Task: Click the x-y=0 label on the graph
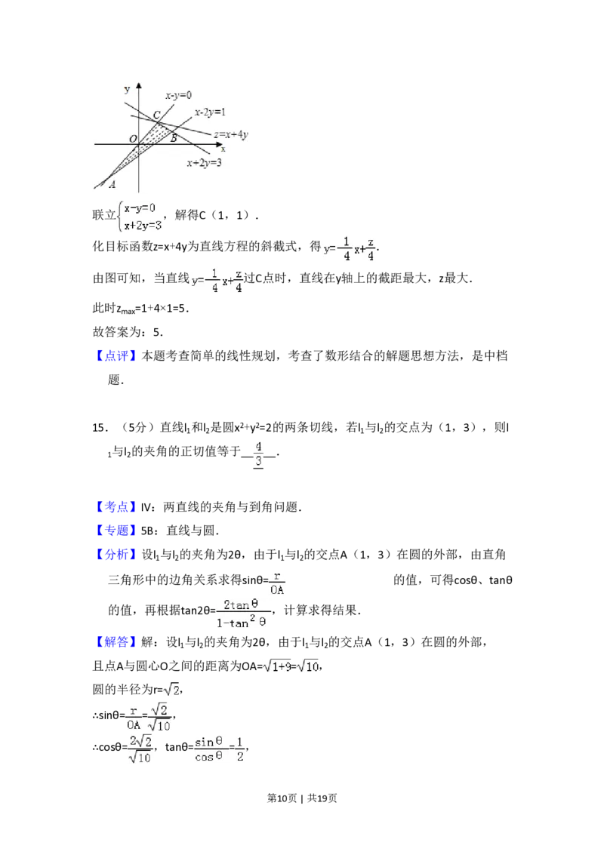click(x=178, y=95)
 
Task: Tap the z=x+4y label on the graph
click(x=231, y=134)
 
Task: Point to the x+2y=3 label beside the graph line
click(x=204, y=162)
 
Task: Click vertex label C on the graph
click(x=156, y=115)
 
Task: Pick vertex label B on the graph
click(x=173, y=138)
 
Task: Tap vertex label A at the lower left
click(x=112, y=184)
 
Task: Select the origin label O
click(x=133, y=139)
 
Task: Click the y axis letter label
click(x=126, y=89)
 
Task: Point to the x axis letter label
click(x=223, y=149)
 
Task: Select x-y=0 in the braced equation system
click(x=140, y=208)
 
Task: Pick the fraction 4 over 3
click(x=258, y=453)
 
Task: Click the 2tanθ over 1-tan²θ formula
click(x=242, y=614)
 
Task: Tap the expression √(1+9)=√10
click(x=290, y=666)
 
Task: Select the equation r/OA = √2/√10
click(x=149, y=718)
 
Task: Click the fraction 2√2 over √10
click(x=141, y=749)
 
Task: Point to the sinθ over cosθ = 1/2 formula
click(x=220, y=749)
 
